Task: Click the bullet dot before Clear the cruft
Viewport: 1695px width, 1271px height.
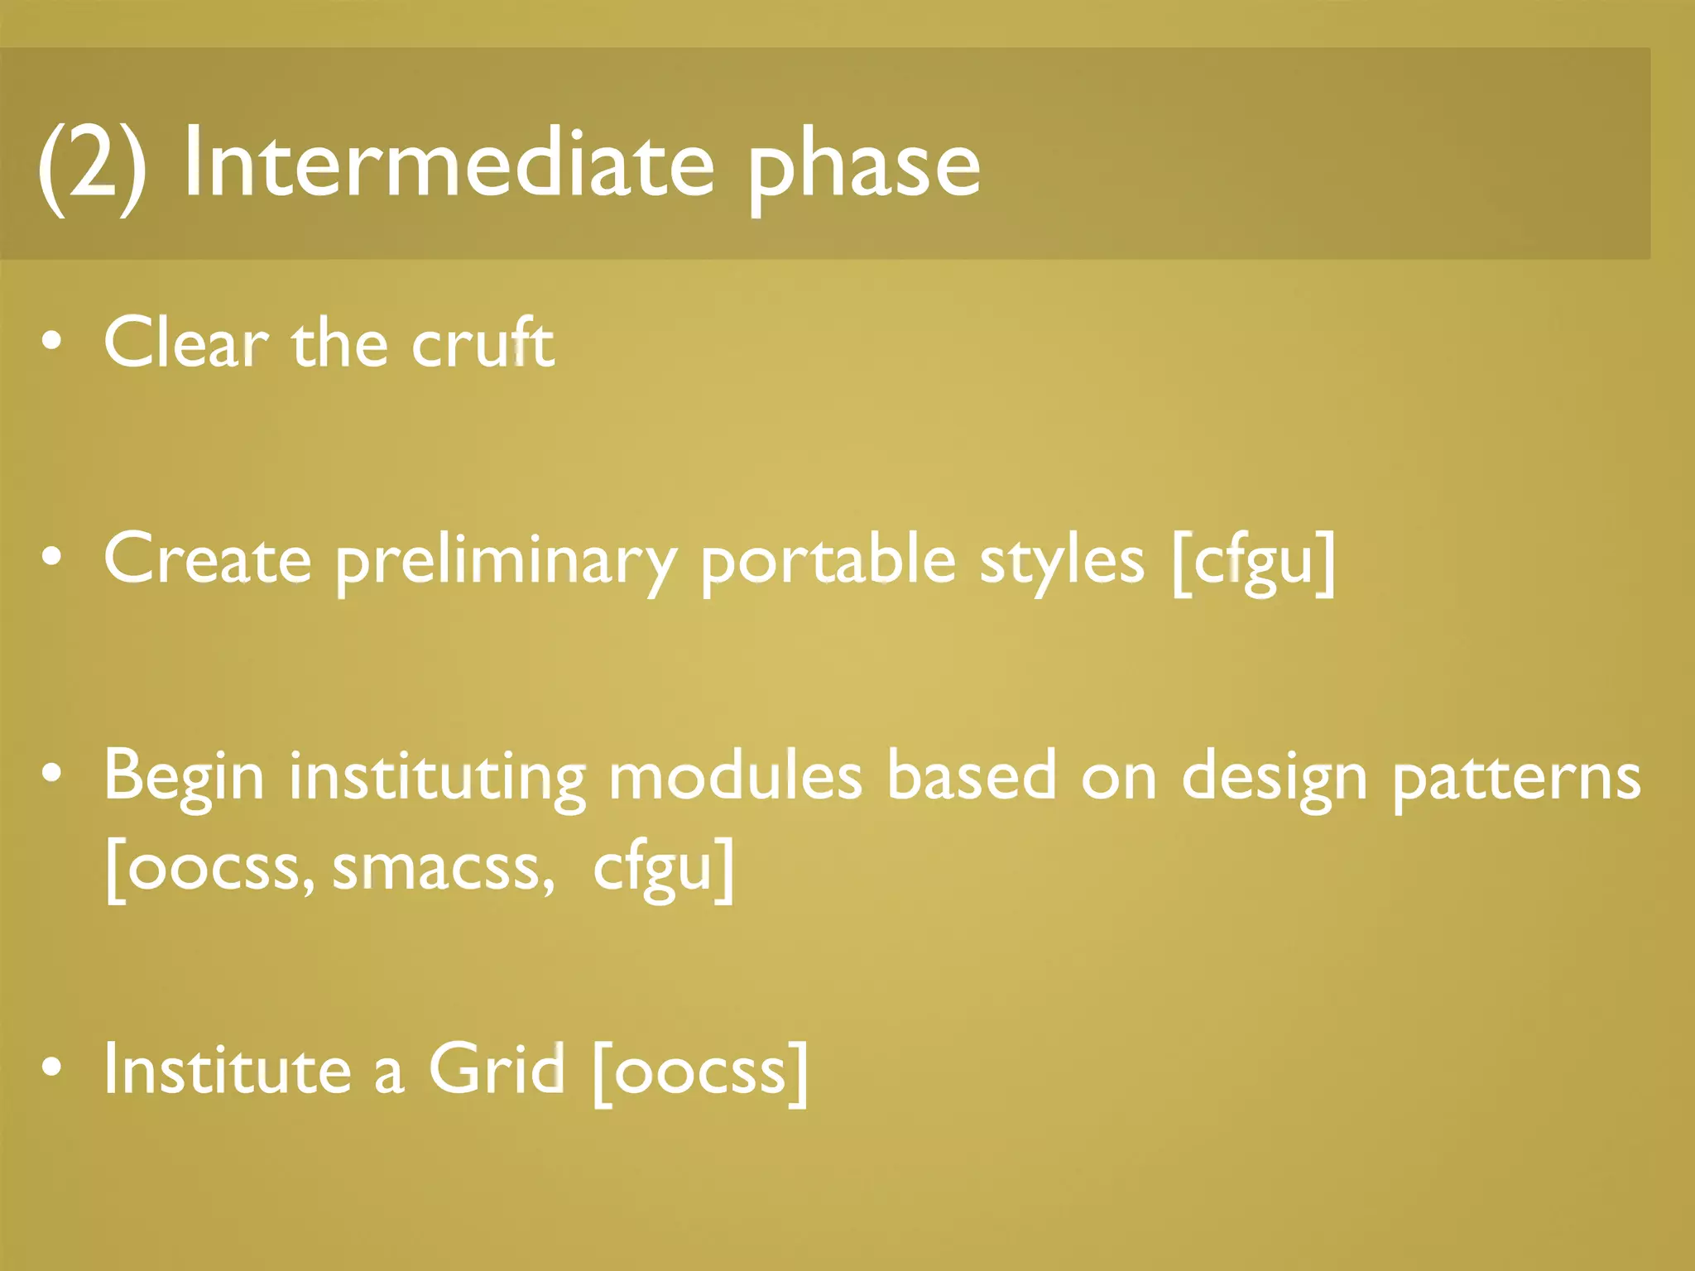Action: tap(51, 343)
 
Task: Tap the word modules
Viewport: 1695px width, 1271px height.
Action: tap(735, 776)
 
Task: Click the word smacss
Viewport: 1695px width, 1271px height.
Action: tap(443, 869)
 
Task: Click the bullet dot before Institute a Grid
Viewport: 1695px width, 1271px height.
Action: tap(51, 1067)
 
